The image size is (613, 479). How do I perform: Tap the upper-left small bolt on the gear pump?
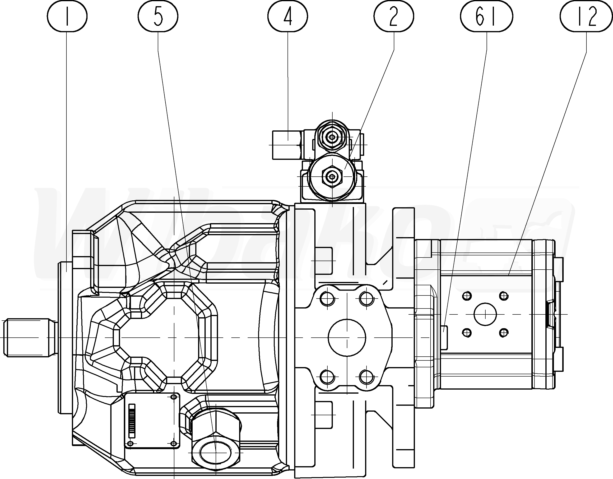(467, 295)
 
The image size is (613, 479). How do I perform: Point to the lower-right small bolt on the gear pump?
(504, 333)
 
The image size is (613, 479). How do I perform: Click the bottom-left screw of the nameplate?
(130, 444)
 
